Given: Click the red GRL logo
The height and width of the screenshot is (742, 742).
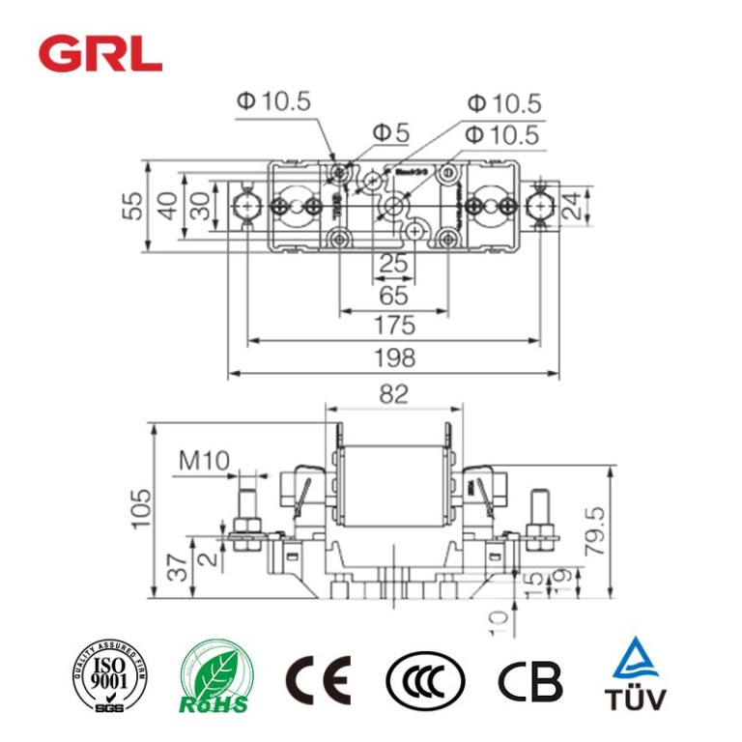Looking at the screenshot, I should coord(100,54).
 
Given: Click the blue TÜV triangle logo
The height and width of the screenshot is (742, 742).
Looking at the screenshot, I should coord(634,673).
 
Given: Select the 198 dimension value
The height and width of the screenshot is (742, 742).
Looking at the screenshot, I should coord(393,358).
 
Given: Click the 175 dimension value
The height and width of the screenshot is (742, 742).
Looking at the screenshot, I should coord(393,325).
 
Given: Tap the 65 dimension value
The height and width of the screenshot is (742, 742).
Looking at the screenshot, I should coord(393,295).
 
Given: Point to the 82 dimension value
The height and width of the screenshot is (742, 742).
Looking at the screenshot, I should coord(393,394).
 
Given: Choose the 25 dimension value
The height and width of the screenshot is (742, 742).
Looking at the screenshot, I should coord(393,264).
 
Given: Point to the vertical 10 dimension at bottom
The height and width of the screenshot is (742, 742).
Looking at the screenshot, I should coord(499,621).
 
